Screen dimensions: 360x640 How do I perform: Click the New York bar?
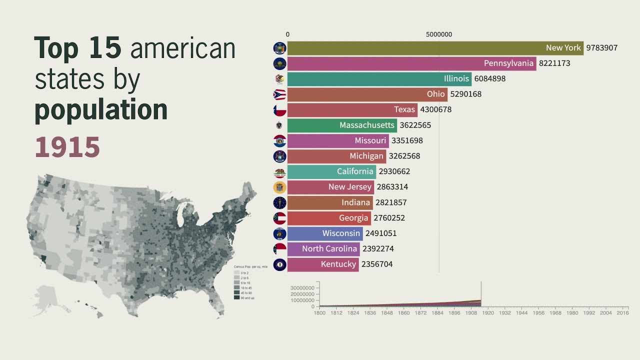(435, 48)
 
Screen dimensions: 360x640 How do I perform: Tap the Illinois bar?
(379, 79)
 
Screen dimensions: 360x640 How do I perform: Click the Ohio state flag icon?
(279, 94)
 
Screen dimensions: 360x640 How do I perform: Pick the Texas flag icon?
(279, 110)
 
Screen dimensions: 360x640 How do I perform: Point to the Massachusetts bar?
(342, 125)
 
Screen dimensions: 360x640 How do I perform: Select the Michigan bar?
(336, 156)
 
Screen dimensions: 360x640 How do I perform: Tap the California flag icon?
(279, 172)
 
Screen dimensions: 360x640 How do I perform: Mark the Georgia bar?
(329, 218)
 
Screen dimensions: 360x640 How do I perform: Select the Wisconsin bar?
(325, 233)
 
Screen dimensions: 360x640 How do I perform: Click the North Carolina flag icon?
(279, 249)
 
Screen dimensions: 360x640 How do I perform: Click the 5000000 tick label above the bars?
(439, 34)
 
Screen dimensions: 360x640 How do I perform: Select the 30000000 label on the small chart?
(302, 288)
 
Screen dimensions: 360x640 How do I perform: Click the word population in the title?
(100, 110)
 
